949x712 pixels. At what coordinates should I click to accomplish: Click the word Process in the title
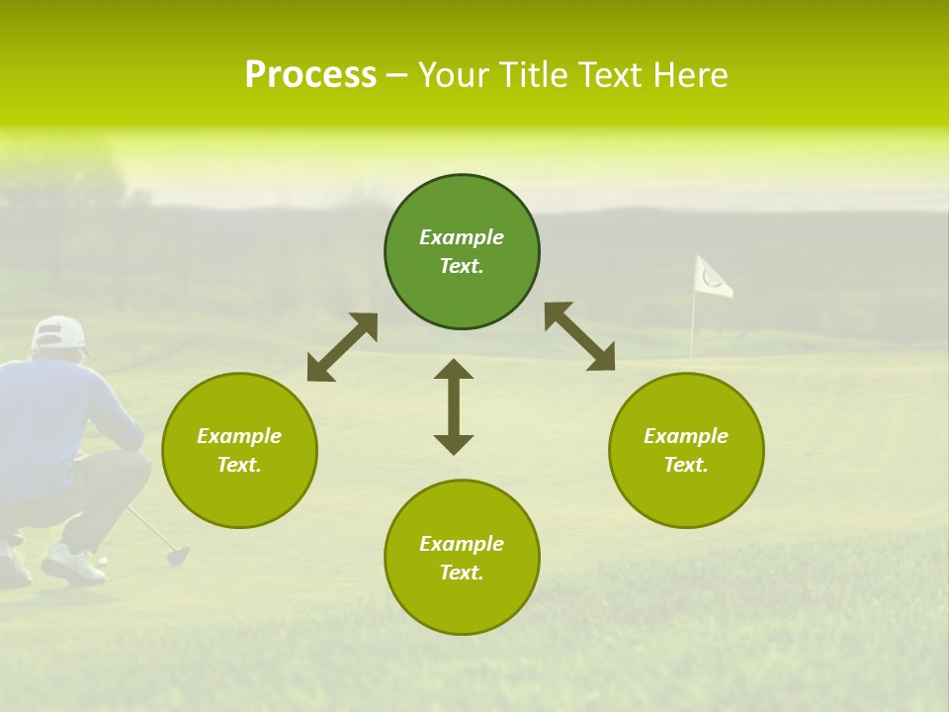tap(310, 75)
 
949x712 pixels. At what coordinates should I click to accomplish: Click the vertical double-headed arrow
tap(454, 406)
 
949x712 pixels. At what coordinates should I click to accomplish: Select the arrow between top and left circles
tap(342, 347)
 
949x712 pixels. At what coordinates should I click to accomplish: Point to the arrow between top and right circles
tap(579, 336)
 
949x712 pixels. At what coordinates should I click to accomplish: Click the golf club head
tap(178, 556)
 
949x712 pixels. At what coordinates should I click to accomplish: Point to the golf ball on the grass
tap(103, 561)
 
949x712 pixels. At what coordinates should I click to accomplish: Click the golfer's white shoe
tap(71, 565)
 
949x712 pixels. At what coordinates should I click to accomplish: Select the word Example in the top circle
tap(462, 237)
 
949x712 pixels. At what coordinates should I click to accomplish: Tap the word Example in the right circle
tap(686, 436)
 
